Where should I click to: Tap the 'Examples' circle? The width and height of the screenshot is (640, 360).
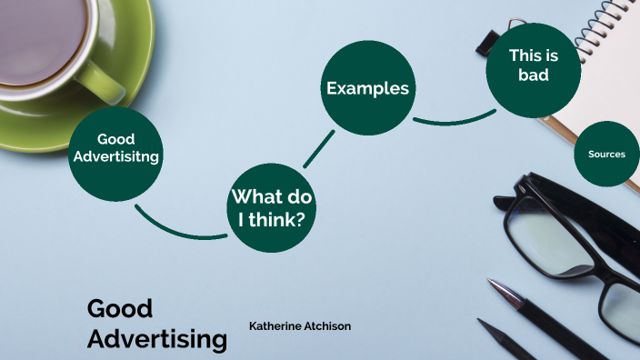(x=367, y=88)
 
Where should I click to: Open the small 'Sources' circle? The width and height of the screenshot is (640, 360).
(x=606, y=155)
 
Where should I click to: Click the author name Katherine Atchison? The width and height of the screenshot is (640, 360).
(x=299, y=325)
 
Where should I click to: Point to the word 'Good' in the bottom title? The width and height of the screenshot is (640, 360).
(x=119, y=308)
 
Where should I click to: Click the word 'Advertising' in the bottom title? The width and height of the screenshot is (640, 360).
(x=156, y=339)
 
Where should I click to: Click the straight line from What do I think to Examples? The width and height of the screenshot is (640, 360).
(x=318, y=149)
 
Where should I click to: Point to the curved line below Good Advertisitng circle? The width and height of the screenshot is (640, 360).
(x=177, y=229)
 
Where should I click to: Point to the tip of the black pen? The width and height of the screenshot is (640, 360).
(x=491, y=283)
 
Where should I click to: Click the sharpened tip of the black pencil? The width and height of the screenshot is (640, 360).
(x=482, y=323)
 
